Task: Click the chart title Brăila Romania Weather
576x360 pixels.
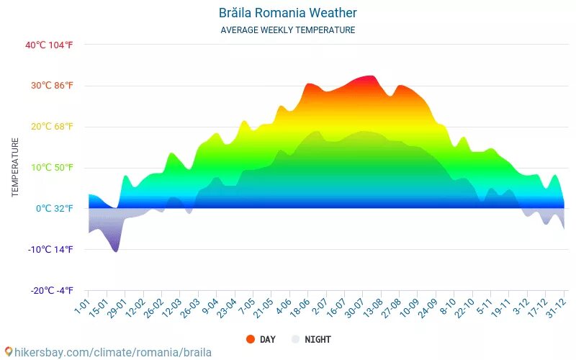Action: (x=287, y=13)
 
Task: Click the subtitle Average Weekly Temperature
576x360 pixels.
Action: (x=287, y=30)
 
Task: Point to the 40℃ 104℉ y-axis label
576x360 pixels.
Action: (x=49, y=45)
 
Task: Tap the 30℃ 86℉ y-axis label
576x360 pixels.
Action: (x=52, y=86)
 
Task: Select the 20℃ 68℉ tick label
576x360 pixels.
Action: (x=52, y=127)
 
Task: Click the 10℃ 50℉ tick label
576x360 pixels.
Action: (x=52, y=168)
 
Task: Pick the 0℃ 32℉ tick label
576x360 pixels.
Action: (x=54, y=209)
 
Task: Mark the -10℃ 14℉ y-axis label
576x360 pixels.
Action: (x=51, y=250)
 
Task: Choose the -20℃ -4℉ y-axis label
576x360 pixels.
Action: (x=52, y=291)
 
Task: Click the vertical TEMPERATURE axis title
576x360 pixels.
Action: (x=15, y=168)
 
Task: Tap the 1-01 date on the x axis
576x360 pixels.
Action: (x=81, y=307)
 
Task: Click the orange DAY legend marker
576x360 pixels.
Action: (x=250, y=339)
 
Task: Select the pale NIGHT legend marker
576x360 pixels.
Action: (x=294, y=339)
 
